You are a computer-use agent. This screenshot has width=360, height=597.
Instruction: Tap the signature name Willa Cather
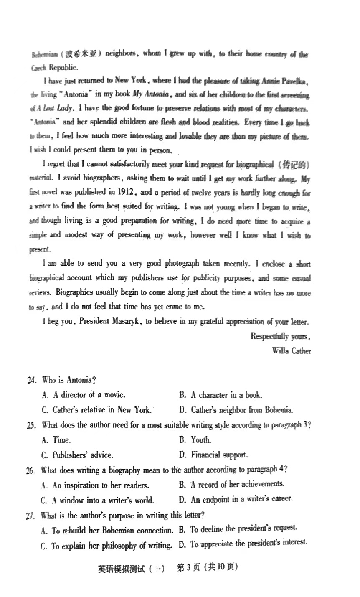291,351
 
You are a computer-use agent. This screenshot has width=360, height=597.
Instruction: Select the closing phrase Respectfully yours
280,336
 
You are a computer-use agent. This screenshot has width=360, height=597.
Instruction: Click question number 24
32,380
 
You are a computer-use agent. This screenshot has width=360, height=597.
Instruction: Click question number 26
31,470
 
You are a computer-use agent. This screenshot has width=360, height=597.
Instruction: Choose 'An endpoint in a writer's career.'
241,499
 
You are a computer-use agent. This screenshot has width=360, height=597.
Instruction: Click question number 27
31,516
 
